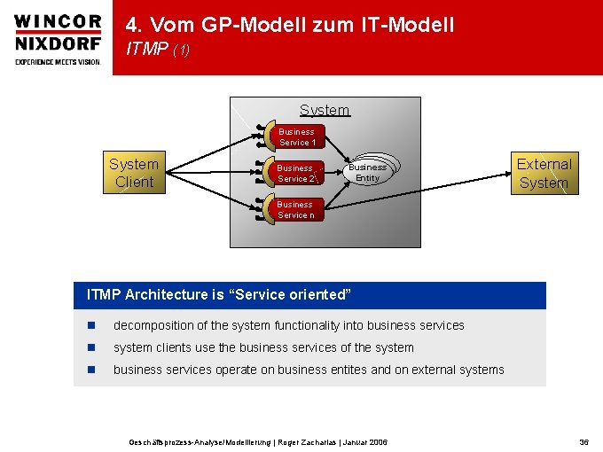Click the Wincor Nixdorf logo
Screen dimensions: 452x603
point(57,31)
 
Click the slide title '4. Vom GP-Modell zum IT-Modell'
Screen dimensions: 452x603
point(290,25)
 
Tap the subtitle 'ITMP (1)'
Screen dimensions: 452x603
point(158,51)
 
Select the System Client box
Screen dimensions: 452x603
point(133,173)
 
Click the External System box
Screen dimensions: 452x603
point(544,173)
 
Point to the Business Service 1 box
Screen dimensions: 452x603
point(296,136)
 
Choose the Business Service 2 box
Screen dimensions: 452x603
point(296,173)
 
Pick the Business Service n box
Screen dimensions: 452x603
point(296,209)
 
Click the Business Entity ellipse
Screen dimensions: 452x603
point(367,172)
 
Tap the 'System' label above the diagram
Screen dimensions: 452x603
point(325,110)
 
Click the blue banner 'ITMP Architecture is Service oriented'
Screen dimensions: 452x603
point(309,294)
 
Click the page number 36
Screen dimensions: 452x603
point(583,441)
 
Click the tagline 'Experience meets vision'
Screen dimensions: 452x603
point(57,61)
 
